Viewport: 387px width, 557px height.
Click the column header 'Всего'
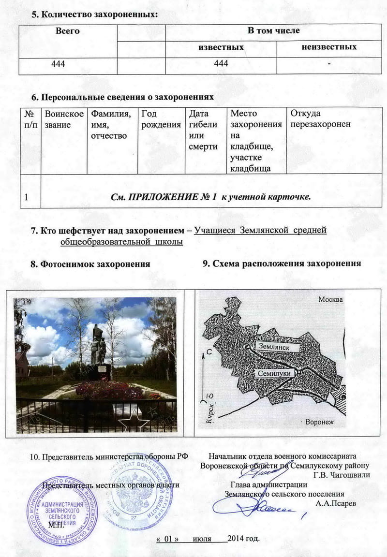(68, 31)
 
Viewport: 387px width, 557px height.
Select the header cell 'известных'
(221, 47)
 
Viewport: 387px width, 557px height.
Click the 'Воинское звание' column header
(64, 119)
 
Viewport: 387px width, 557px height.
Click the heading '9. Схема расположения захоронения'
(282, 264)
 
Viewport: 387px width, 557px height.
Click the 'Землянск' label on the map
(274, 346)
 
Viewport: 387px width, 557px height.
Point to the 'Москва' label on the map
(330, 300)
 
